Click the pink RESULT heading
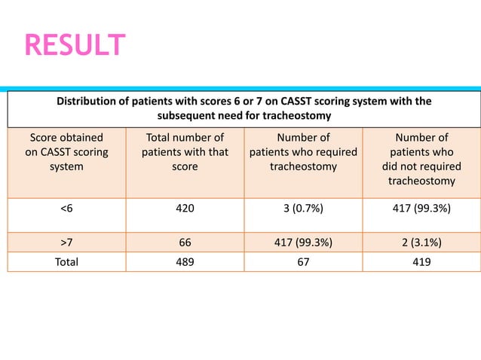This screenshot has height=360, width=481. (75, 46)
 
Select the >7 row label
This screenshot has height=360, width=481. (66, 243)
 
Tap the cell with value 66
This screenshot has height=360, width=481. (185, 243)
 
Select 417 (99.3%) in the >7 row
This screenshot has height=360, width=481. (303, 243)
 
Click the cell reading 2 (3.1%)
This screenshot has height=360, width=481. (421, 243)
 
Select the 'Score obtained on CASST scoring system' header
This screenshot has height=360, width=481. (66, 152)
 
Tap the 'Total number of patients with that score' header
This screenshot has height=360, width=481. (185, 152)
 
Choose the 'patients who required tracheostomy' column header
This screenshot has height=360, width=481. (303, 152)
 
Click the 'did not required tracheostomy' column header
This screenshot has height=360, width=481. (421, 159)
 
